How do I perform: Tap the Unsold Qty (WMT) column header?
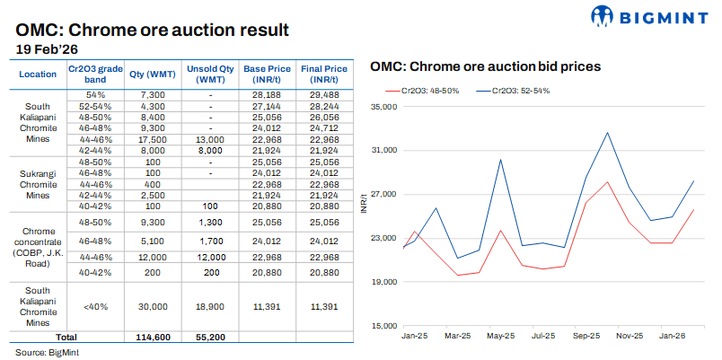coord(209,74)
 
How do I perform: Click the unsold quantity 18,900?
coord(209,306)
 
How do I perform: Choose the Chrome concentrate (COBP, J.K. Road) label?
coord(38,242)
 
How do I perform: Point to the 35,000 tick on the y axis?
coord(383,107)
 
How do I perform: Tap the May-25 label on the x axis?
coord(500,336)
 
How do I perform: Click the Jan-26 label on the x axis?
coord(672,336)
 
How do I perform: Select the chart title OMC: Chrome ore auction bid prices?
coord(485,66)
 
